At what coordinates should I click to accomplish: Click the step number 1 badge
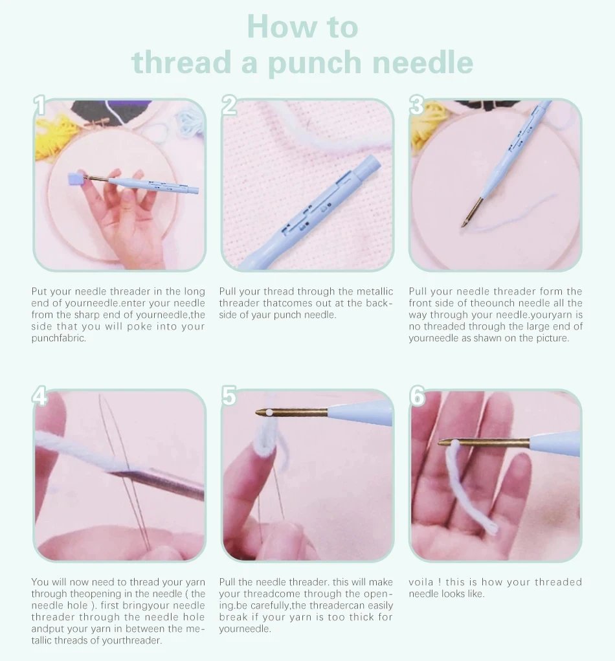click(x=39, y=106)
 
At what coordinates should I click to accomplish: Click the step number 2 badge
click(x=229, y=106)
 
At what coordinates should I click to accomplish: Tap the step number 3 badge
click(x=417, y=106)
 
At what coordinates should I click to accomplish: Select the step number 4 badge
click(x=40, y=397)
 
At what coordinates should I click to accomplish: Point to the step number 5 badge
click(x=229, y=396)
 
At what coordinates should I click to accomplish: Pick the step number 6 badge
click(x=418, y=396)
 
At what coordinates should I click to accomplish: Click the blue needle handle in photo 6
click(x=557, y=444)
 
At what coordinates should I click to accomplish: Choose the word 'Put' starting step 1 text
click(x=39, y=292)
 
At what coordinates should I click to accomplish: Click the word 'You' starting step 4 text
click(x=40, y=582)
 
